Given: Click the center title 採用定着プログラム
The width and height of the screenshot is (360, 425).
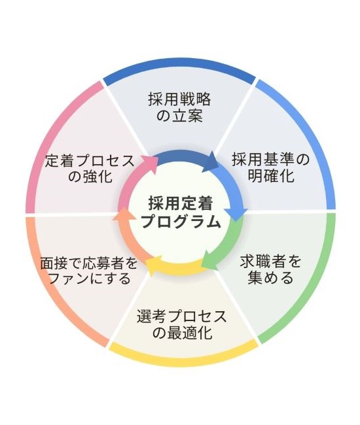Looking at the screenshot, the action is (x=181, y=212).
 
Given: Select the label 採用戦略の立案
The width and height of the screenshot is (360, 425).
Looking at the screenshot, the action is (x=179, y=108).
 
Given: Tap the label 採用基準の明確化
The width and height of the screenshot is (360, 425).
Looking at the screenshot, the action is (x=271, y=167).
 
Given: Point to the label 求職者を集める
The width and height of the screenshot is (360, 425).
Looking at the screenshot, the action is (x=271, y=269).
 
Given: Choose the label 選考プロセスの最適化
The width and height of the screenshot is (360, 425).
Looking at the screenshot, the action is (x=182, y=324).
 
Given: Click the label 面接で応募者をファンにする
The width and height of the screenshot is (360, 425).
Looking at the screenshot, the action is (x=89, y=270).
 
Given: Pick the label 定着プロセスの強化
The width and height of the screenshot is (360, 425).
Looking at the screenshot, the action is (x=90, y=168).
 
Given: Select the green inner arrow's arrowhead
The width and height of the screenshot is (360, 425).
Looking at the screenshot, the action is (x=209, y=260).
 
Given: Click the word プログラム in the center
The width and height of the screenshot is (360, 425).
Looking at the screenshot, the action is (x=181, y=222).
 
